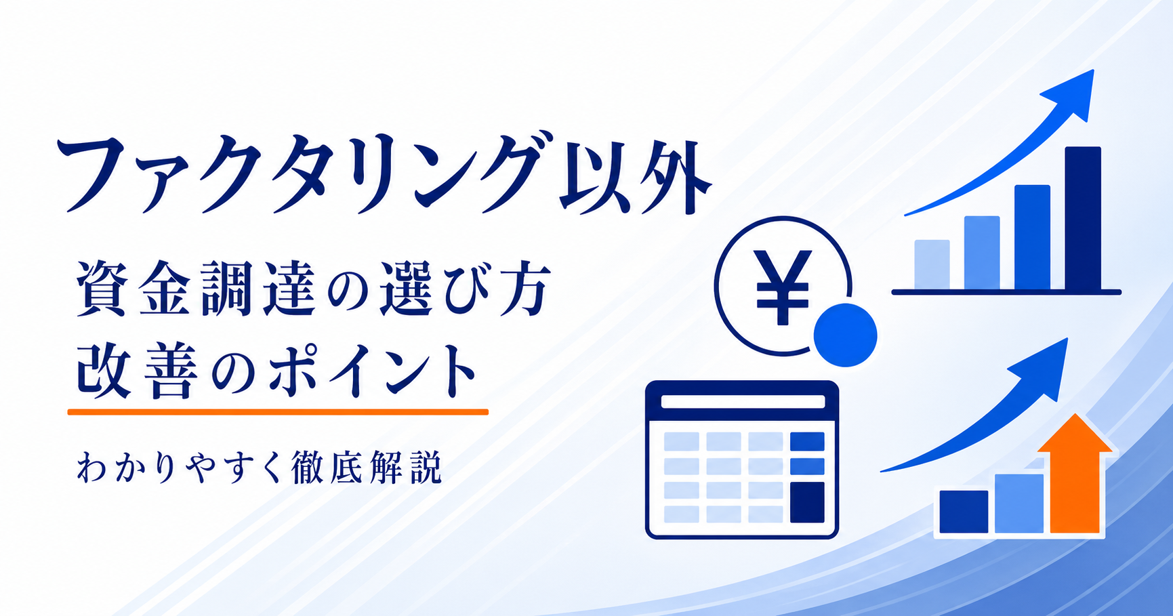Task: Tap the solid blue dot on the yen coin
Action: pyautogui.click(x=845, y=335)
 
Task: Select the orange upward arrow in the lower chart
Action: pyautogui.click(x=1074, y=474)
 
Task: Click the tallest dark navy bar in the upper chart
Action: pyautogui.click(x=1083, y=218)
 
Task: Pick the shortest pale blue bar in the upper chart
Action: pyautogui.click(x=932, y=265)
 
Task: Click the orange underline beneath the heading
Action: pyautogui.click(x=278, y=411)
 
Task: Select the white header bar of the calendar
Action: pyautogui.click(x=743, y=402)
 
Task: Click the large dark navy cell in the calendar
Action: pyautogui.click(x=807, y=502)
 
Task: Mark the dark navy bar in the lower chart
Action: pyautogui.click(x=964, y=512)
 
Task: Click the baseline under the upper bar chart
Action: pyautogui.click(x=1006, y=292)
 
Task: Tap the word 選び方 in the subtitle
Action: pyautogui.click(x=464, y=288)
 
